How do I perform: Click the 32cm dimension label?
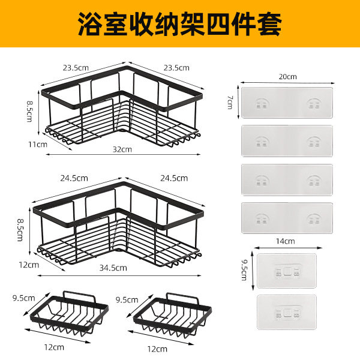(x=122, y=149)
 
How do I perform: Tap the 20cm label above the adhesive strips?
(x=287, y=77)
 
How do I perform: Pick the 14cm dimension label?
(x=285, y=242)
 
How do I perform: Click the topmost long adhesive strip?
(x=287, y=103)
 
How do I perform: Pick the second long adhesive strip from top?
(x=287, y=142)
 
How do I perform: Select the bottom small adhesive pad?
(x=286, y=312)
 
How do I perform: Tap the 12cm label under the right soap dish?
(x=158, y=347)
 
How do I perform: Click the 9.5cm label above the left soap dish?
(x=24, y=298)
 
